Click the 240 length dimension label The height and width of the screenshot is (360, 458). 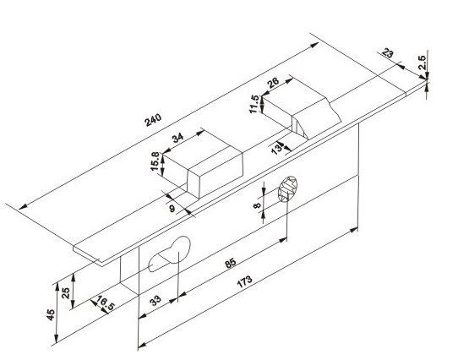point(153,120)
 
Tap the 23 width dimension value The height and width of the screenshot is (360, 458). point(388,53)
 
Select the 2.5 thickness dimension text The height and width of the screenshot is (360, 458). point(422,63)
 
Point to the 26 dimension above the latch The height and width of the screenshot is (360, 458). point(273,83)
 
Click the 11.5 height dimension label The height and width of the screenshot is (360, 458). point(254,104)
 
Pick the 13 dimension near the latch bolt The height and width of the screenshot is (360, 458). point(277,149)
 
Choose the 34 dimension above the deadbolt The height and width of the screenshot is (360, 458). point(178,138)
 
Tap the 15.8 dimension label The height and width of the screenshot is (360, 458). point(155,161)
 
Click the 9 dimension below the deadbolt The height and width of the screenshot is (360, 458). point(172,209)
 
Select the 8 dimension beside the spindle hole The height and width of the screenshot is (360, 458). point(257,205)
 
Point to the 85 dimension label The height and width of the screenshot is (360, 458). point(230,263)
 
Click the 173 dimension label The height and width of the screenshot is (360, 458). point(244,281)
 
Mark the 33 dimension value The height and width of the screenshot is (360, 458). point(155,300)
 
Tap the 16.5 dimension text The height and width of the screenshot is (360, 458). point(106,303)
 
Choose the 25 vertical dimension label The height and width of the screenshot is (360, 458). point(66,292)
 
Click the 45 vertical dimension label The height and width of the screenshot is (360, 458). point(51,314)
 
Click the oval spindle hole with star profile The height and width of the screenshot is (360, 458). point(287,188)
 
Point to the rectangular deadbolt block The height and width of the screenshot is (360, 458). point(203,165)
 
